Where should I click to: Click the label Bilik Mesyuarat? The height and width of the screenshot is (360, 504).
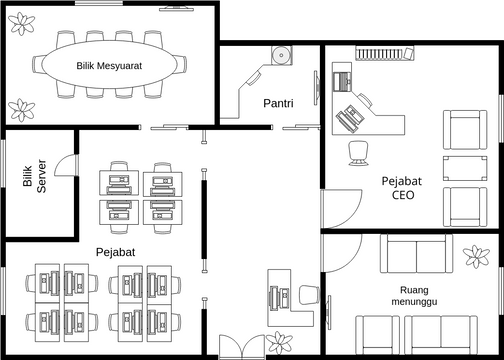[x=111, y=66]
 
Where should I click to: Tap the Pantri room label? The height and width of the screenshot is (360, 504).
[x=277, y=103]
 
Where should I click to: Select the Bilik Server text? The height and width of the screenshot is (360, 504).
[x=35, y=176]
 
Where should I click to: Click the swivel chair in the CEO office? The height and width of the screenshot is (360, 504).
[x=357, y=151]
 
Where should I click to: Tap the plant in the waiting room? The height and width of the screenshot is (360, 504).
[x=477, y=257]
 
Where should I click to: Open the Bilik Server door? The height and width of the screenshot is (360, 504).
[x=65, y=165]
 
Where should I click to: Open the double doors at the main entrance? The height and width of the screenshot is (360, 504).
[x=241, y=345]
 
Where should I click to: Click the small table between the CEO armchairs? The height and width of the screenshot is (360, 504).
[x=464, y=166]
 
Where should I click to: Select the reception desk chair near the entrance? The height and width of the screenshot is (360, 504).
[x=309, y=295]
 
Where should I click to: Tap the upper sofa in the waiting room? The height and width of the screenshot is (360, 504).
[x=420, y=254]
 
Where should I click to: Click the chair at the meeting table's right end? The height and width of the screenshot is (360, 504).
[x=195, y=65]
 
